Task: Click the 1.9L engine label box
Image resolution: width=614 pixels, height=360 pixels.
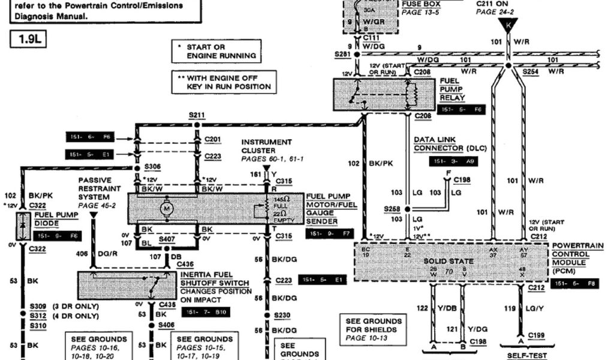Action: pyautogui.click(x=28, y=40)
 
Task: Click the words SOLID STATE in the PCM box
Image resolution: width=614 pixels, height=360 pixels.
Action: pyautogui.click(x=449, y=262)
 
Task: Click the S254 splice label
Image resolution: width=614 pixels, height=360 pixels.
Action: pyautogui.click(x=530, y=71)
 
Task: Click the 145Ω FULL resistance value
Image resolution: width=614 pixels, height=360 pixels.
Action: pyautogui.click(x=281, y=202)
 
